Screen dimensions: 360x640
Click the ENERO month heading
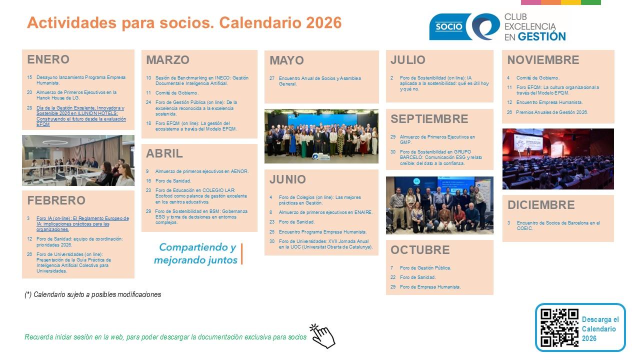coord(48,59)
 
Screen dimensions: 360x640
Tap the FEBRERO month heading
coord(56,200)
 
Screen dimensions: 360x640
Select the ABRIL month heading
coord(164,153)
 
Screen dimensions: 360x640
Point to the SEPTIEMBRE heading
coord(429,119)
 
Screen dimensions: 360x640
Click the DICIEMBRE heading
coord(541,205)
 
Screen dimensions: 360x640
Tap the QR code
coord(559,327)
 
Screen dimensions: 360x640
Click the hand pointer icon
coord(322,336)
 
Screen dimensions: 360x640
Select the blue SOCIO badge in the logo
coord(448,26)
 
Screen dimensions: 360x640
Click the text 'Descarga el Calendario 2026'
coord(600,329)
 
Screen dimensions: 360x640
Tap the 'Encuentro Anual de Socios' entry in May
coord(319,81)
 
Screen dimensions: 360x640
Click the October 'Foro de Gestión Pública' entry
coord(425,268)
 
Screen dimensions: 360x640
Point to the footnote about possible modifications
coord(93,294)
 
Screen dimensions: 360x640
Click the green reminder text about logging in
coord(165,337)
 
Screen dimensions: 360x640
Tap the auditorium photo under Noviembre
coord(557,159)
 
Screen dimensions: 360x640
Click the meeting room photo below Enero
coord(78,160)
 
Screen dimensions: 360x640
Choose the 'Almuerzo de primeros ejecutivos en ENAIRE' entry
coord(325,212)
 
